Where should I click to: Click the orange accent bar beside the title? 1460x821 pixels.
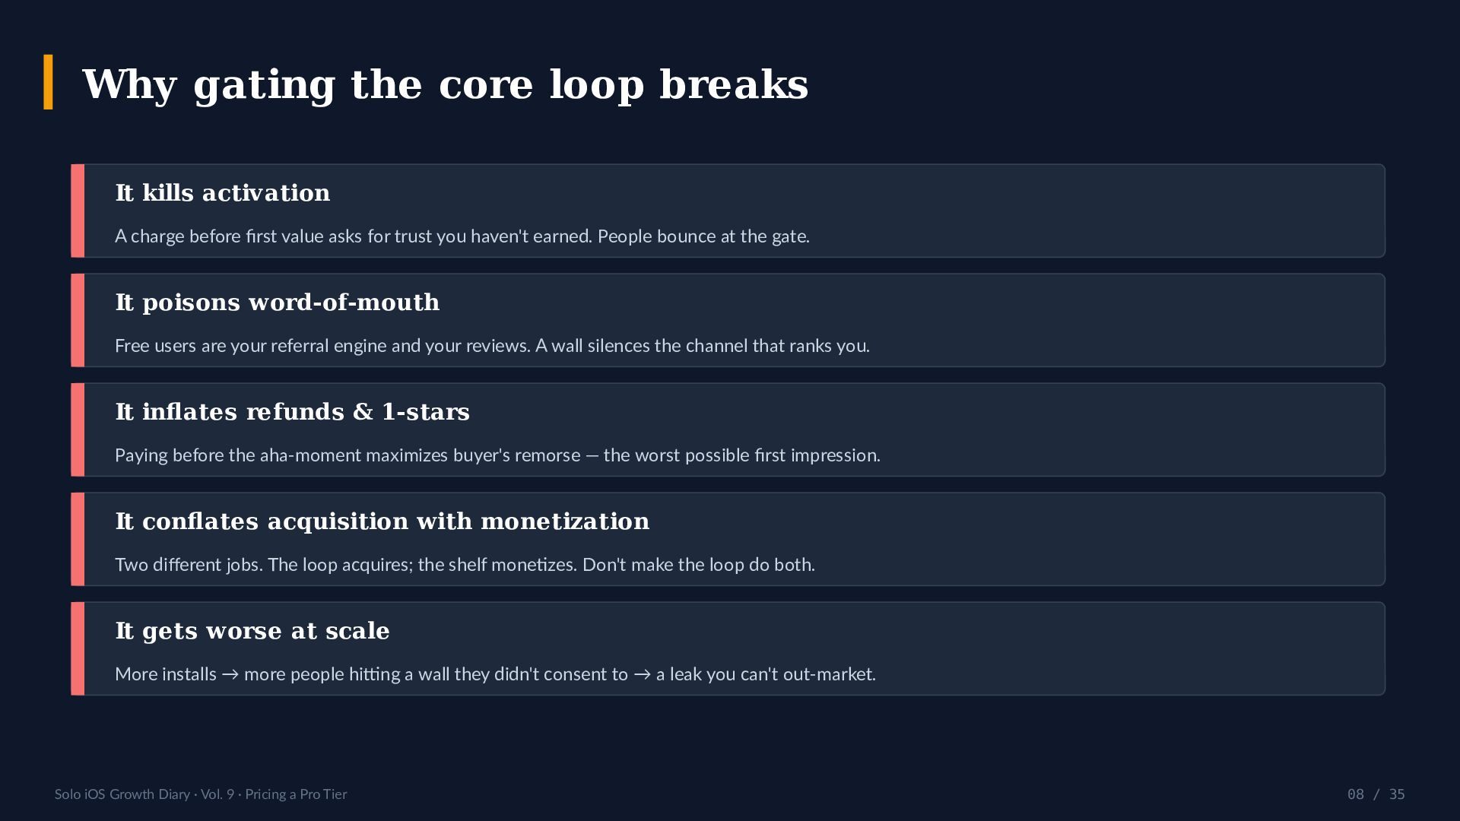click(x=49, y=82)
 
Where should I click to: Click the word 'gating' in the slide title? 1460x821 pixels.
click(x=265, y=86)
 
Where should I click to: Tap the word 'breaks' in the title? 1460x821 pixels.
click(x=734, y=84)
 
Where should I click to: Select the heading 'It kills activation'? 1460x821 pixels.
click(x=223, y=193)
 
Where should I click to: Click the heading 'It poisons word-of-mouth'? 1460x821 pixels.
click(x=278, y=303)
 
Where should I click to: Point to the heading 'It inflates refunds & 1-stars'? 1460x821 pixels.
click(x=293, y=412)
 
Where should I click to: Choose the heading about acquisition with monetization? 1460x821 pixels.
click(x=382, y=521)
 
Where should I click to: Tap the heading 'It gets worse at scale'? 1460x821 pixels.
click(x=252, y=631)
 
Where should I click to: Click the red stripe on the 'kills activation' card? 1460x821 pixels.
click(x=78, y=211)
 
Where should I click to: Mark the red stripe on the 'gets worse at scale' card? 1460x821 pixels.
click(x=78, y=648)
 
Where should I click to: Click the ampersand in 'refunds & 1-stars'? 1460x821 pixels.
click(x=363, y=412)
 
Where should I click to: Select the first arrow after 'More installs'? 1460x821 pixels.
click(x=230, y=675)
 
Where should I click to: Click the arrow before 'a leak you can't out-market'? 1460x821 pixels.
click(x=643, y=675)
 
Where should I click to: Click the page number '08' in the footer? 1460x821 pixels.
click(x=1356, y=794)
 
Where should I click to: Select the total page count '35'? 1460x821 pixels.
click(x=1397, y=794)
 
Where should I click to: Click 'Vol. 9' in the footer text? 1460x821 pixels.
click(x=217, y=794)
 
